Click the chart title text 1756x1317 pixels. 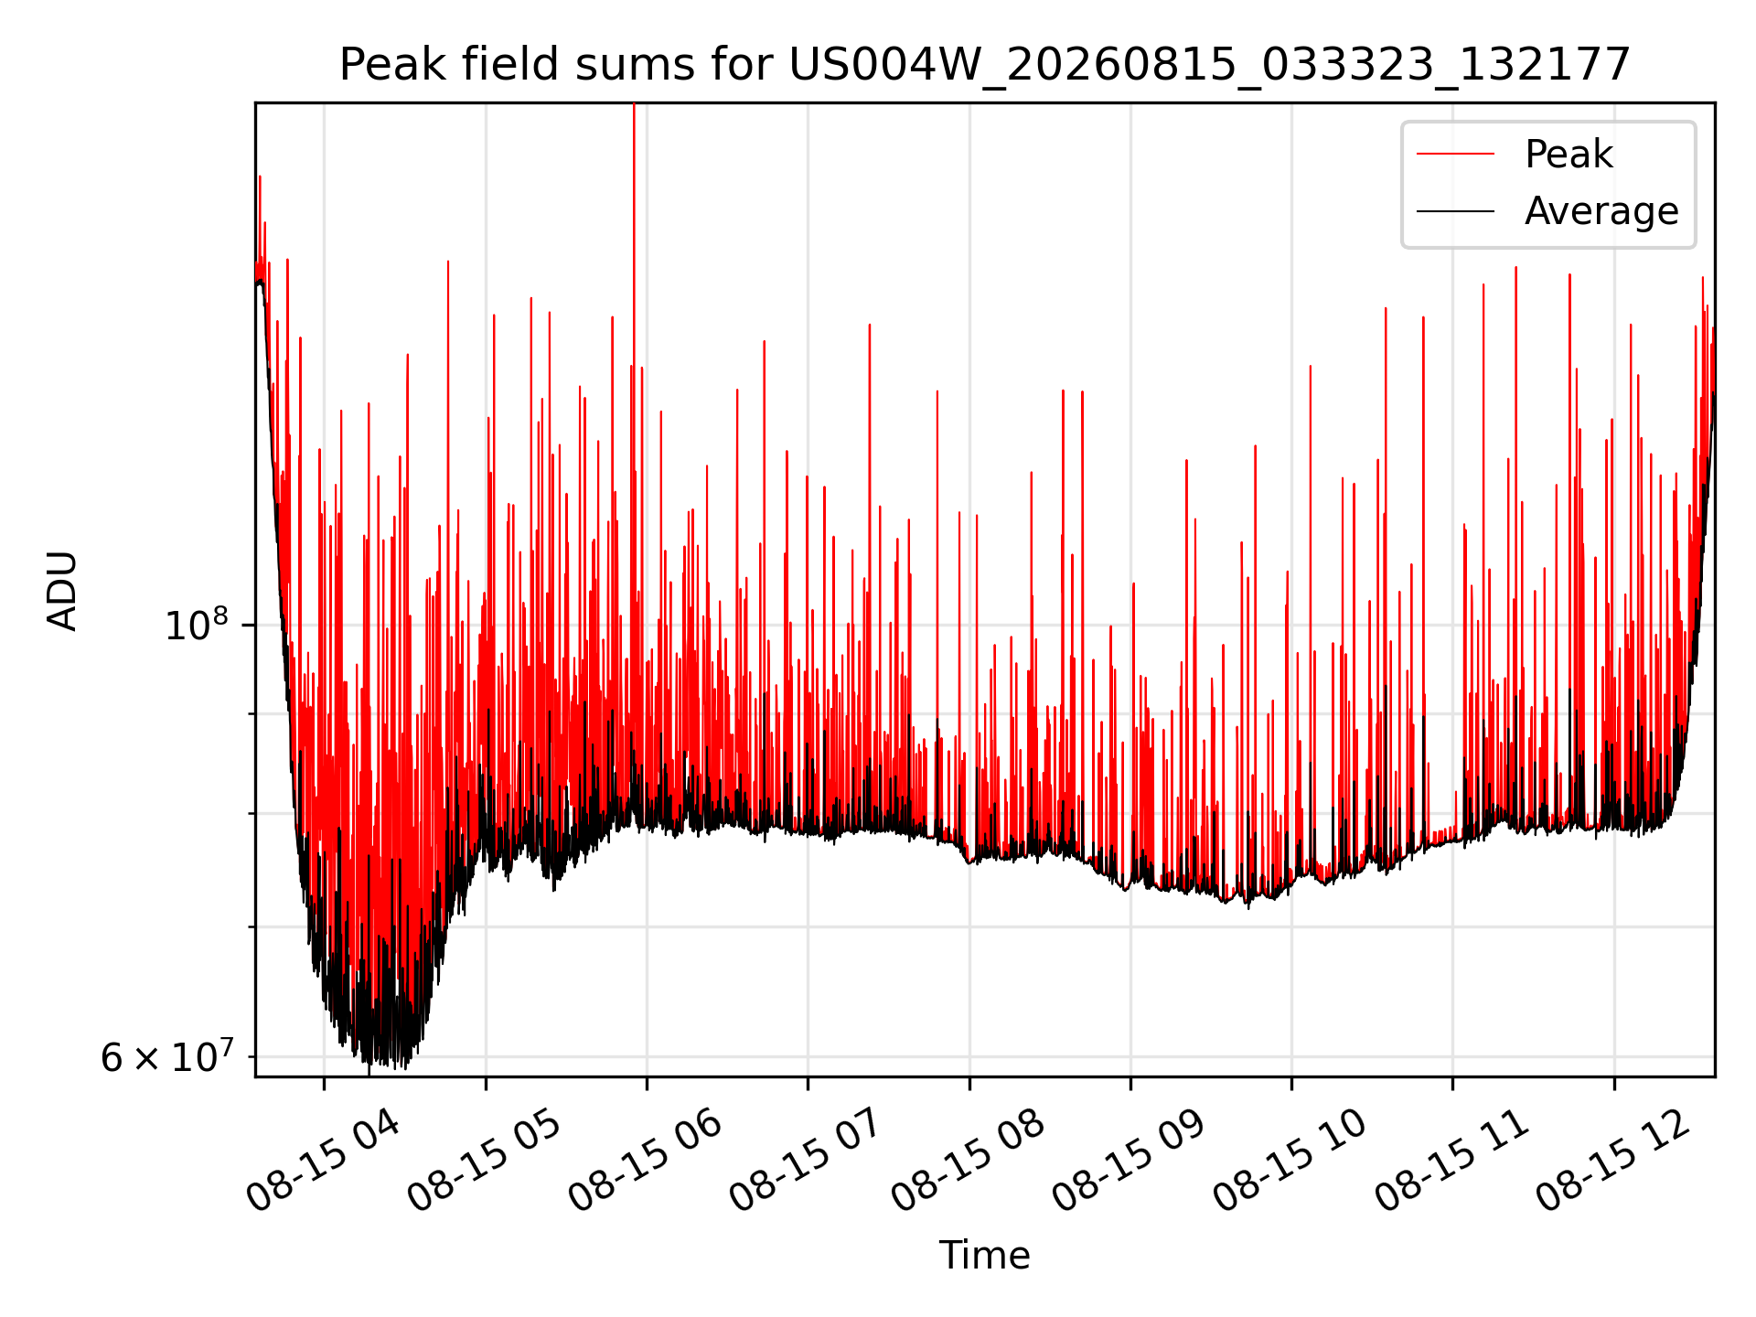click(985, 65)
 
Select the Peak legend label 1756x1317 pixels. click(1569, 155)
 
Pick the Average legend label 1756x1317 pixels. click(1601, 211)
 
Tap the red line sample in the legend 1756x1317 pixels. click(1455, 155)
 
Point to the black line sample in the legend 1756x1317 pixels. click(1455, 211)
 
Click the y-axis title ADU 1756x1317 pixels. click(63, 590)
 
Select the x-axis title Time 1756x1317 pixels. click(985, 1256)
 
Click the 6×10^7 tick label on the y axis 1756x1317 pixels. click(167, 1057)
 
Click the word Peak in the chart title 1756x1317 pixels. click(385, 65)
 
